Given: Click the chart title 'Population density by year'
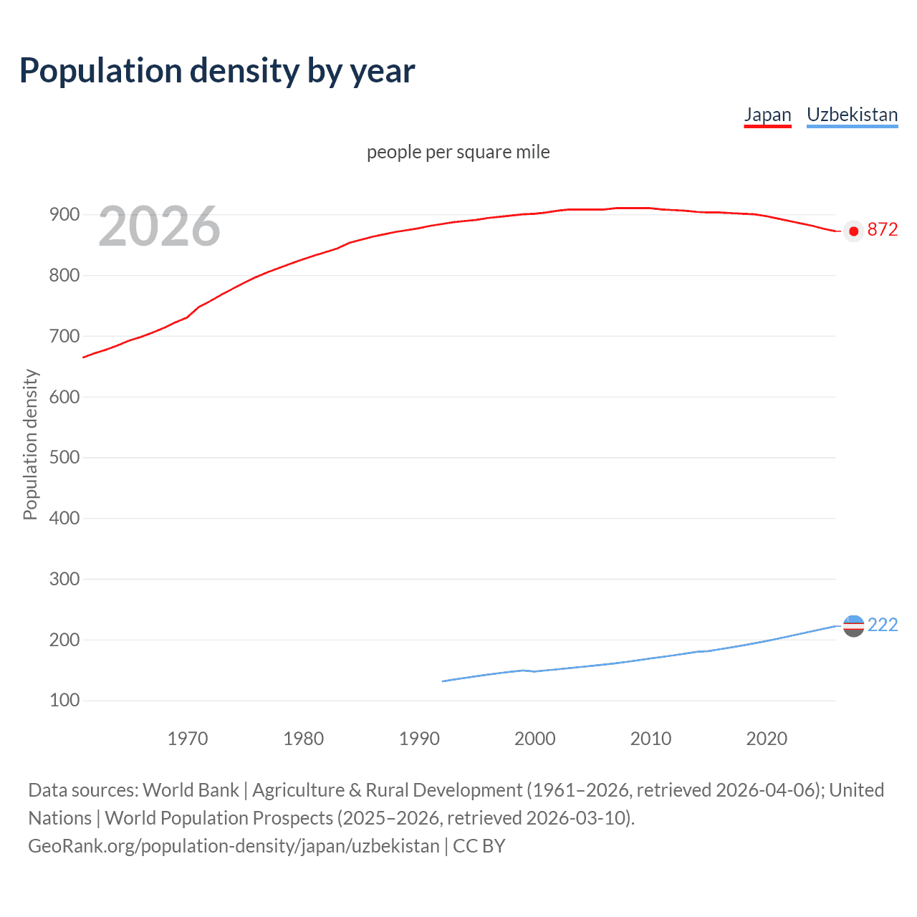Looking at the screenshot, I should [217, 71].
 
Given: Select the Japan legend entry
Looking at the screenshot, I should [767, 115].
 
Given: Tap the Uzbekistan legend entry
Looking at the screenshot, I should [852, 115].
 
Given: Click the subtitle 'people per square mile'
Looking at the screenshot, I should [458, 152].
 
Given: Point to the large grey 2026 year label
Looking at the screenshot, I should [159, 227].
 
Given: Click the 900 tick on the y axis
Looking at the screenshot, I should [64, 214].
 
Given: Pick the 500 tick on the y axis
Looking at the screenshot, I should [64, 457].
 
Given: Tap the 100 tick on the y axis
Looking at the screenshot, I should [64, 700].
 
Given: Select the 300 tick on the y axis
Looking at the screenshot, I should [64, 579].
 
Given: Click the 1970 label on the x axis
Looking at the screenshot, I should [188, 739].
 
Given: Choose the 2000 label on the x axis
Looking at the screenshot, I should [534, 739].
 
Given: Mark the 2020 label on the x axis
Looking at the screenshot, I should [767, 739].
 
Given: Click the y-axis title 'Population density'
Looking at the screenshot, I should [30, 444].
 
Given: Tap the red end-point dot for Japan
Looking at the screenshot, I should [853, 231].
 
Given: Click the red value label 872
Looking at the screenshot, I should [882, 229].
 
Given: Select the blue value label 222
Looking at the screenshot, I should [882, 625].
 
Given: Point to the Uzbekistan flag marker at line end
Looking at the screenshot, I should [853, 625].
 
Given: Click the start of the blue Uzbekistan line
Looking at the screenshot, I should [443, 681].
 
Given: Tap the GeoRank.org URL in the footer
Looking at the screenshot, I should [234, 845].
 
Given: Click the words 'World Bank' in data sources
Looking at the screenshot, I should [191, 789].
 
